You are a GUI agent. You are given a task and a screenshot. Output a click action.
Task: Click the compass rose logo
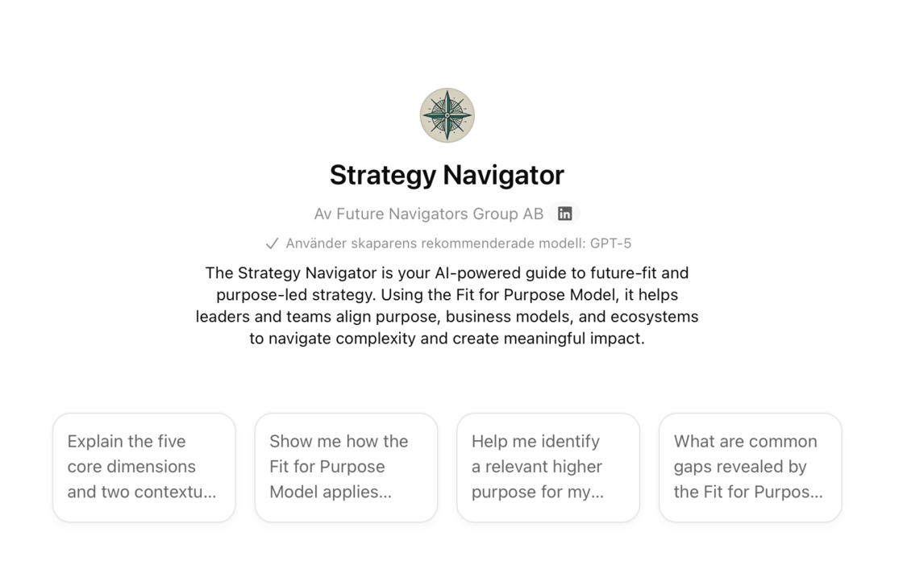pyautogui.click(x=447, y=115)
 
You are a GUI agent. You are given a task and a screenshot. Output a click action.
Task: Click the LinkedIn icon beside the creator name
pyautogui.click(x=564, y=214)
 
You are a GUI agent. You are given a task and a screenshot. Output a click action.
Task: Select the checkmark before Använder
pyautogui.click(x=272, y=244)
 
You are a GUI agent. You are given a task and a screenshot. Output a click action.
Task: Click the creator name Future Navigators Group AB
pyautogui.click(x=439, y=214)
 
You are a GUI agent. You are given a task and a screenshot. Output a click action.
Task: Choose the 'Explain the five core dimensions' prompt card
pyautogui.click(x=144, y=468)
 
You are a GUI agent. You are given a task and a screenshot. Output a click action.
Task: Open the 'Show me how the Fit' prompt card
pyautogui.click(x=346, y=468)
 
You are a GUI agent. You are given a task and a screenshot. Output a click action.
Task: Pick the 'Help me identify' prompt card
pyautogui.click(x=548, y=468)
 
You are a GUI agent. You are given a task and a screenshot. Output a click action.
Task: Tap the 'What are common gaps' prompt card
pyautogui.click(x=751, y=468)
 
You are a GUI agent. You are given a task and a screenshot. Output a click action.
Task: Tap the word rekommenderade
pyautogui.click(x=477, y=243)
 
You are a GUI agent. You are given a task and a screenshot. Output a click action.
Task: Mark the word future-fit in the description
pyautogui.click(x=618, y=273)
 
